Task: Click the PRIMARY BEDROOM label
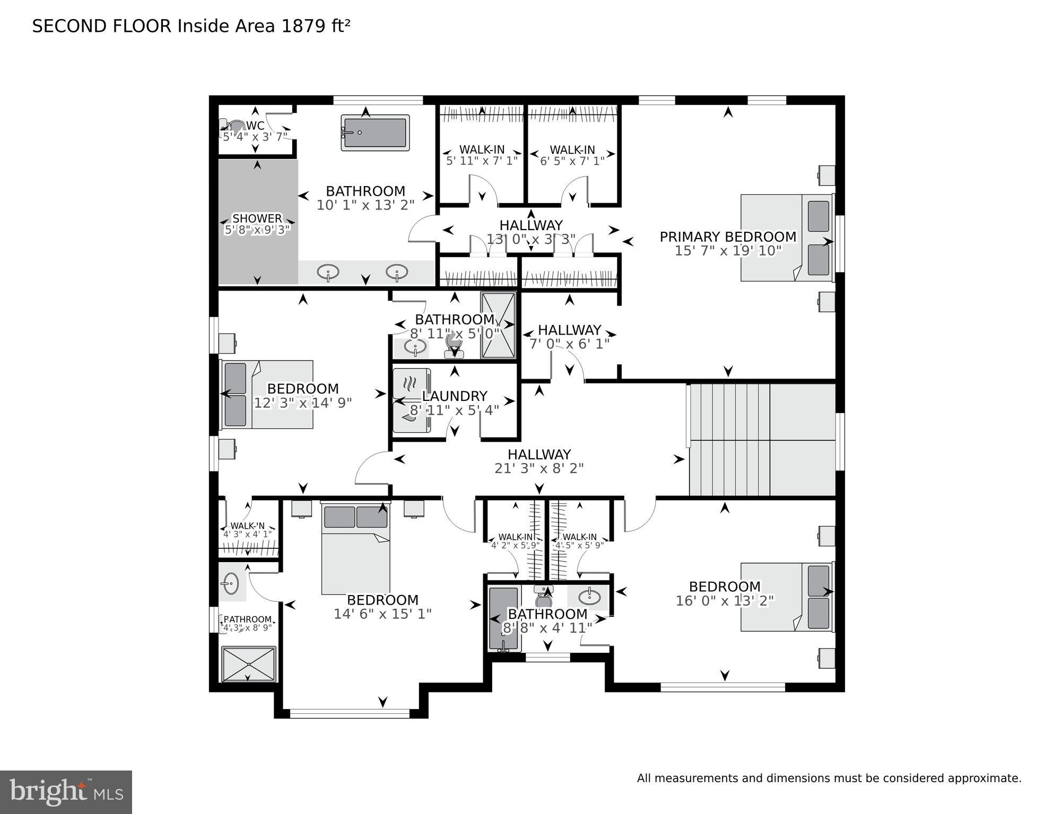coord(728,237)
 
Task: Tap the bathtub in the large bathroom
coord(375,133)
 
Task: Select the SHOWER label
coord(257,218)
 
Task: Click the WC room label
coord(255,126)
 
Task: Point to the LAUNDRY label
coord(454,396)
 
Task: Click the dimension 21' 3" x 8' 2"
coord(539,468)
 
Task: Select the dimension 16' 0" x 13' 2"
coord(725,600)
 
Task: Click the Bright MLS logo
coord(66,792)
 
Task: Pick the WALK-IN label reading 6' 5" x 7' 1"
coord(572,150)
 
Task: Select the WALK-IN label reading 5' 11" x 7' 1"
coord(482,150)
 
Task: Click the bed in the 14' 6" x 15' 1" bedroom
coord(355,549)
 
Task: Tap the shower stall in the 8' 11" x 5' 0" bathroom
coord(498,325)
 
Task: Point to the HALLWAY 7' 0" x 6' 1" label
coord(569,330)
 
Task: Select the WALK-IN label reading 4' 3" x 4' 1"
coord(247,526)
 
